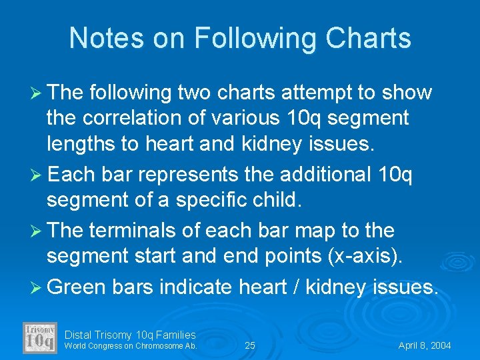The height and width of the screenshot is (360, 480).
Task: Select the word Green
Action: (77, 287)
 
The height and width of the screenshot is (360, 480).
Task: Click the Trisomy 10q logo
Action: (40, 337)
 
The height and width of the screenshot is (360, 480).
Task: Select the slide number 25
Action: (250, 345)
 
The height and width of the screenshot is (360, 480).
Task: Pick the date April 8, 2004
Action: (425, 345)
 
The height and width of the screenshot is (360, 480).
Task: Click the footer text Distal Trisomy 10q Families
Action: (131, 335)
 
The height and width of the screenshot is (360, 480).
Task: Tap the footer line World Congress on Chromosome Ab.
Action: (130, 345)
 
